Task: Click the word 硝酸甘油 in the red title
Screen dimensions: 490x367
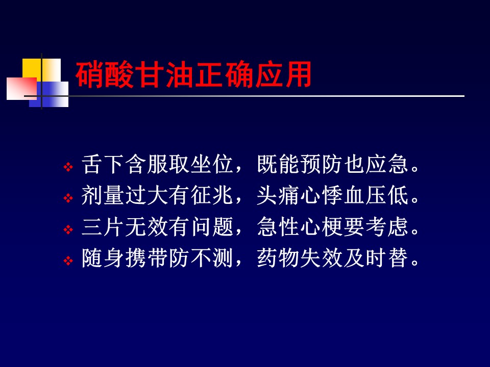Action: (134, 74)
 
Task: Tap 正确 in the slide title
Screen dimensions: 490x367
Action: (224, 74)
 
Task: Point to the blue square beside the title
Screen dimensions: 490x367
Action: (49, 94)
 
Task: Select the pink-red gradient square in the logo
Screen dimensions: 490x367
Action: (21, 89)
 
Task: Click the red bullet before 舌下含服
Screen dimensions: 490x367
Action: (68, 167)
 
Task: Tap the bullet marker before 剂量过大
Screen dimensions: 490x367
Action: (68, 198)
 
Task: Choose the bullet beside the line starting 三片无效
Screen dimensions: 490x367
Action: (68, 230)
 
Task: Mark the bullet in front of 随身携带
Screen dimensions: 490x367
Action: (68, 260)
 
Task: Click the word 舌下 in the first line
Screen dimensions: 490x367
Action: (103, 164)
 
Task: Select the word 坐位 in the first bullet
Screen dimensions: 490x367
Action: (212, 164)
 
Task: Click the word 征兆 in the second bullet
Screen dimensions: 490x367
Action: (212, 195)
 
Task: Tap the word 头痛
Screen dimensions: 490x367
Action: (278, 195)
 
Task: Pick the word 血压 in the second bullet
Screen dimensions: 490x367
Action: (364, 195)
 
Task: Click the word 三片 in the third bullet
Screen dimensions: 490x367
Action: (103, 226)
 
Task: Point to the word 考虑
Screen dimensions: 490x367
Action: (386, 226)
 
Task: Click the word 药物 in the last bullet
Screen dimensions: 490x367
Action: (278, 258)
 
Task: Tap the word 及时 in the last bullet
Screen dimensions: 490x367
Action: (364, 258)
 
